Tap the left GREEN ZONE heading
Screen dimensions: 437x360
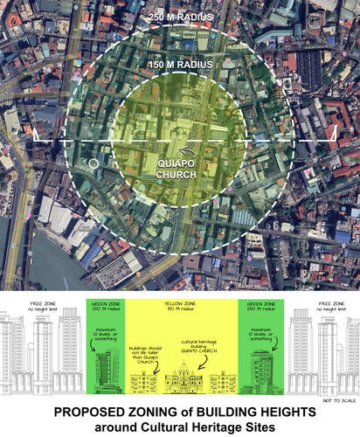coord(105,305)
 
